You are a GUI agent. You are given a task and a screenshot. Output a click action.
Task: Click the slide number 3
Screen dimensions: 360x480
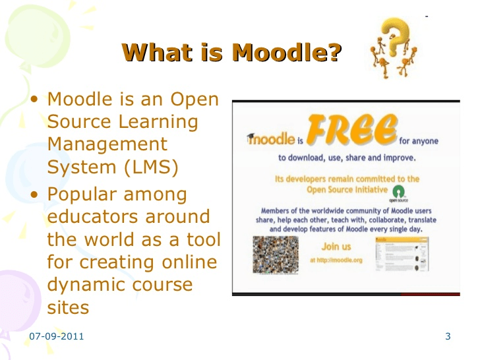(448, 338)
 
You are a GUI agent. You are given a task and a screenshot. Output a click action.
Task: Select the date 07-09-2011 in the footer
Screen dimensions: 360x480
(57, 338)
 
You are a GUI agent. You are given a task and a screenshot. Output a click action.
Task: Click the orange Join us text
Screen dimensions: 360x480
(336, 247)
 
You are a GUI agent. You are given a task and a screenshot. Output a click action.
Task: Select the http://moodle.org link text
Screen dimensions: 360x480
(337, 260)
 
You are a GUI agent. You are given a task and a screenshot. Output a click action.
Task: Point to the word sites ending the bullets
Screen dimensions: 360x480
(68, 307)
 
